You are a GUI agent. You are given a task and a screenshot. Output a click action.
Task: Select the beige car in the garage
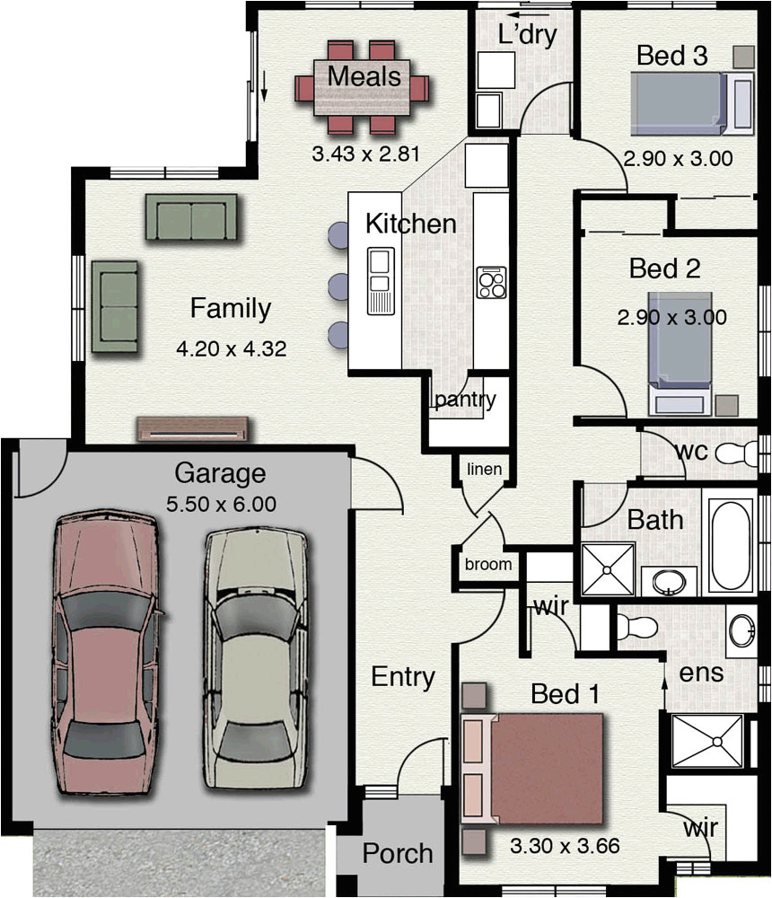(x=256, y=657)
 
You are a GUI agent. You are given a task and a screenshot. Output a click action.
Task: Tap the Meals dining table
(x=362, y=87)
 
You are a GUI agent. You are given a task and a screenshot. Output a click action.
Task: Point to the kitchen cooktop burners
(x=491, y=282)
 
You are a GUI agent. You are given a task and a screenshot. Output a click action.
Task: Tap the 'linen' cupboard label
(x=485, y=469)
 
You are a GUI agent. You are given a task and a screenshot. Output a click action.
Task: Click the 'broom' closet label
(x=488, y=564)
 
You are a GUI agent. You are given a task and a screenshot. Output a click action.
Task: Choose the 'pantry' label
(x=465, y=400)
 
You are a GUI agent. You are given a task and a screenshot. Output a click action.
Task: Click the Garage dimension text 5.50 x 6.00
(x=221, y=504)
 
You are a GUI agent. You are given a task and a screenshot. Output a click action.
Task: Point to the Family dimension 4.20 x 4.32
(x=232, y=348)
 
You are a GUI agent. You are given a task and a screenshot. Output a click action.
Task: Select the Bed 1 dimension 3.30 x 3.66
(x=565, y=846)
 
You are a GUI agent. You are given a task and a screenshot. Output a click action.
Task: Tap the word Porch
(x=398, y=853)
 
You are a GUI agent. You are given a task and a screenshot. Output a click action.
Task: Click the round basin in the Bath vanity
(x=670, y=582)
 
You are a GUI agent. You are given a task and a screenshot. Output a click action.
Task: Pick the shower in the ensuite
(x=707, y=741)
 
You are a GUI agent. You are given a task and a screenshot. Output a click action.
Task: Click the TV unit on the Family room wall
(x=193, y=429)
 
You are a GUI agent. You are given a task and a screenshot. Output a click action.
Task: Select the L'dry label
(x=527, y=35)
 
